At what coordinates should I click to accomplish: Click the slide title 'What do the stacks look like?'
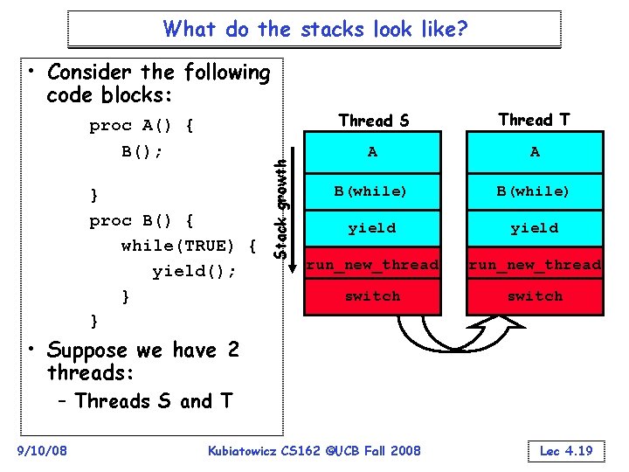pos(314,29)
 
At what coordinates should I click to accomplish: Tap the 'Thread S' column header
pos(373,121)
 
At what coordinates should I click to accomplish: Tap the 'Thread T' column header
pos(535,120)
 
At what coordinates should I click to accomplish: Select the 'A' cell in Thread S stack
pos(373,152)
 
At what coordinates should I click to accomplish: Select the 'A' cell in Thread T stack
pos(535,152)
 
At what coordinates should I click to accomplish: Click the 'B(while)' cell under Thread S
pos(373,191)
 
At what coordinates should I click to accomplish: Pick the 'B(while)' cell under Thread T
pos(535,191)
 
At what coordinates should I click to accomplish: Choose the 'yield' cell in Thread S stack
pos(373,228)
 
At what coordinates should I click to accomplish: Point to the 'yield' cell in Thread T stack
pos(535,228)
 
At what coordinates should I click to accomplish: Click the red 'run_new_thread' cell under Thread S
pos(373,264)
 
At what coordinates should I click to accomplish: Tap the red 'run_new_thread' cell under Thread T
pos(535,264)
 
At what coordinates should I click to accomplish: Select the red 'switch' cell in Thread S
pos(373,296)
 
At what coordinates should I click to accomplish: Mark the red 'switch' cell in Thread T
pos(535,296)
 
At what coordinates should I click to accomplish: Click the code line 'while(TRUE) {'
pos(188,246)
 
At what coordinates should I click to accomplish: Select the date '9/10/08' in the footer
pos(42,451)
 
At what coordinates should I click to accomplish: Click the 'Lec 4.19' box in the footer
pos(567,451)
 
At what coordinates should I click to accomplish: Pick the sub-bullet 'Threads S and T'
pos(153,401)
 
